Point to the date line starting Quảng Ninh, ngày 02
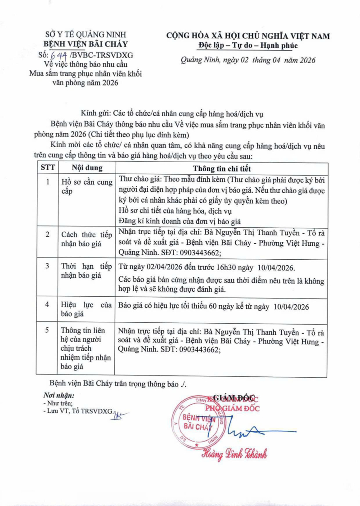pyautogui.click(x=248, y=60)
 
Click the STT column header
pyautogui.click(x=47, y=168)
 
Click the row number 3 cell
pyautogui.click(x=47, y=266)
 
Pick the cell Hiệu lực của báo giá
pyautogui.click(x=86, y=310)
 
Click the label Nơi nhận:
pyautogui.click(x=55, y=396)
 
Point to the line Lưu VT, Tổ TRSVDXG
pyautogui.click(x=78, y=411)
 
